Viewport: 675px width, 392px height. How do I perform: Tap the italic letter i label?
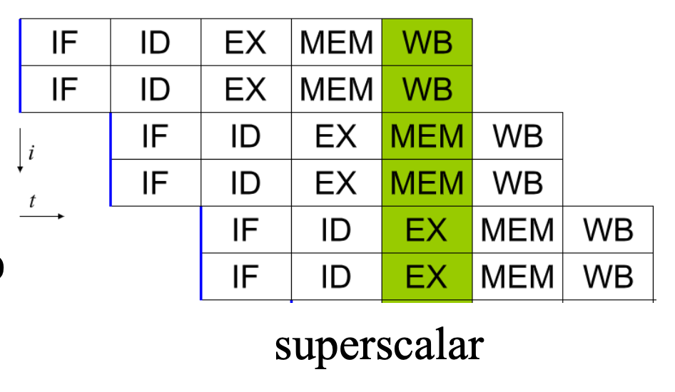tap(31, 153)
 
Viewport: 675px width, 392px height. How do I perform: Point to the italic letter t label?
tap(32, 201)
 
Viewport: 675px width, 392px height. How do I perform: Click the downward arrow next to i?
tap(20, 150)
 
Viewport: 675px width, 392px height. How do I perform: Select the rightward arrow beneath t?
tap(42, 216)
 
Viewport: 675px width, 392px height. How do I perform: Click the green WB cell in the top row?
tap(427, 42)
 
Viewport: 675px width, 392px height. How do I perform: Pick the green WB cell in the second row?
tap(427, 89)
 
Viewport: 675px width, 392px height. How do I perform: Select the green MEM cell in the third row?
tap(427, 136)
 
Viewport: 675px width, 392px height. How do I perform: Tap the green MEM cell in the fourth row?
tap(427, 182)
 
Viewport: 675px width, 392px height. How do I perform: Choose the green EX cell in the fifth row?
tap(427, 229)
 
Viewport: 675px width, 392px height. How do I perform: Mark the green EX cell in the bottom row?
tap(427, 277)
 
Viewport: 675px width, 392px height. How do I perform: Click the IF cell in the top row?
tap(66, 42)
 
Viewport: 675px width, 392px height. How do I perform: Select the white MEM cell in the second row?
tap(337, 89)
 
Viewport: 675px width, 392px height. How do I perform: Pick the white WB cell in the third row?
tap(517, 136)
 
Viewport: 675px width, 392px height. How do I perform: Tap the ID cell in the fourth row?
tap(246, 182)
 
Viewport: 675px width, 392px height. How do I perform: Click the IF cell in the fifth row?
tap(246, 229)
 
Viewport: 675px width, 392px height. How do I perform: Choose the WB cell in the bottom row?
tap(608, 277)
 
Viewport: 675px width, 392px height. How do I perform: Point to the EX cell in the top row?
tap(246, 42)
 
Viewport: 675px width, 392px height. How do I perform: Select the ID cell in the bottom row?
tap(337, 277)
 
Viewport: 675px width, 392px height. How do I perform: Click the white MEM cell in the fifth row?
tap(517, 229)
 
